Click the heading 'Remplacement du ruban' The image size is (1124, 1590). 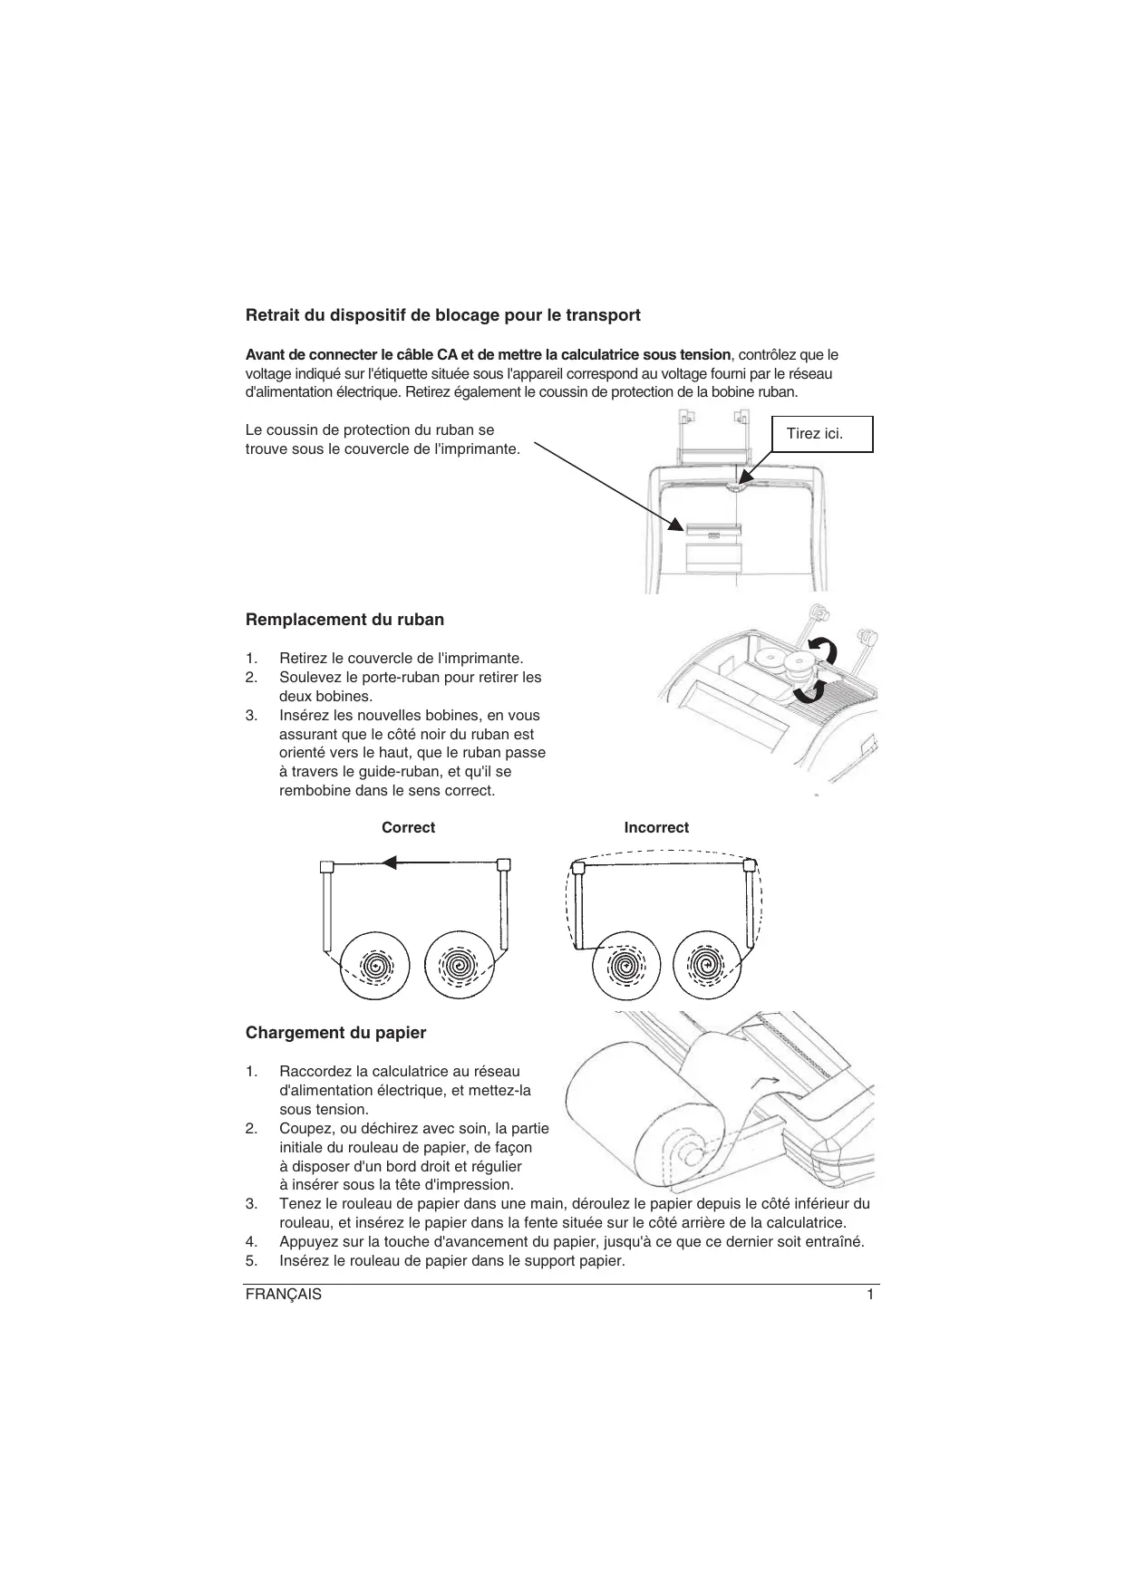(x=344, y=620)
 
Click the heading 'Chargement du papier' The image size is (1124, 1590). (x=335, y=1033)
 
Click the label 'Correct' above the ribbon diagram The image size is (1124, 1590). (x=408, y=827)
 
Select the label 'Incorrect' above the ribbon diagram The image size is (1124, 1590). (x=656, y=827)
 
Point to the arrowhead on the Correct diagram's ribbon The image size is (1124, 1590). (x=391, y=862)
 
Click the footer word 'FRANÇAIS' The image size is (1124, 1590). (x=283, y=1295)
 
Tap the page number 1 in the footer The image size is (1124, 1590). (x=870, y=1295)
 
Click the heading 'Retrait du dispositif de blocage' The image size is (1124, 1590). (x=443, y=315)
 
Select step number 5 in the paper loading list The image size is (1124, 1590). (x=251, y=1261)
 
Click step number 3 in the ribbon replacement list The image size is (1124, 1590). (x=251, y=715)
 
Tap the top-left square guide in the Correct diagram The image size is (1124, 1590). (x=328, y=865)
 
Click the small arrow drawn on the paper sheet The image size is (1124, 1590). (x=767, y=1080)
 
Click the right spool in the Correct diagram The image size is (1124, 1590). (x=457, y=966)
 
